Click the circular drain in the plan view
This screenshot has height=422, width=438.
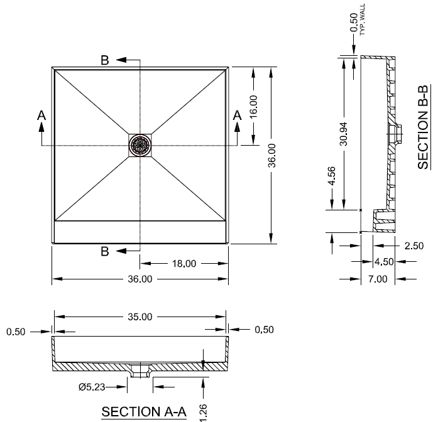[x=140, y=146]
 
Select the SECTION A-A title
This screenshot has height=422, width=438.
[x=144, y=412]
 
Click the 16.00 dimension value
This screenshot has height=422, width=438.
[x=253, y=105]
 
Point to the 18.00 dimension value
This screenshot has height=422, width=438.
[x=183, y=264]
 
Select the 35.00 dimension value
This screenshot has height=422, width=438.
[x=140, y=317]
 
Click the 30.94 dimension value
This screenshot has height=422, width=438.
[x=344, y=134]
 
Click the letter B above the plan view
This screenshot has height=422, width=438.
[x=105, y=60]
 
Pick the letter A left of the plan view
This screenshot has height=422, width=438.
[x=41, y=115]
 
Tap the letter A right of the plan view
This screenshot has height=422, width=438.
[x=238, y=115]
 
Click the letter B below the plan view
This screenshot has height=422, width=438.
[x=105, y=251]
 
